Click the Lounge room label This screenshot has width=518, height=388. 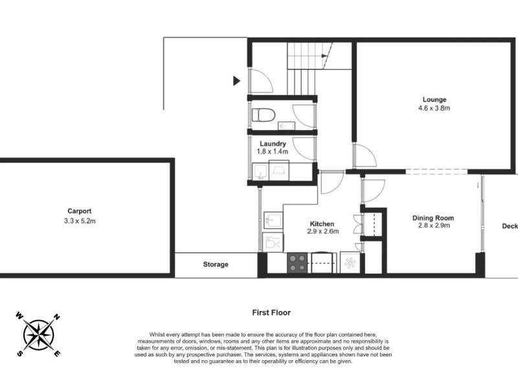(434, 100)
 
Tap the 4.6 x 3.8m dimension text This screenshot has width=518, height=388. (434, 108)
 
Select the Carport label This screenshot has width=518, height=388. (79, 211)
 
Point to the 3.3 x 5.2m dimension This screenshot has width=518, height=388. (80, 221)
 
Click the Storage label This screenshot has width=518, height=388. (216, 264)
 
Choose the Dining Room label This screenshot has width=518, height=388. (433, 218)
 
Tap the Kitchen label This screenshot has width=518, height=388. (322, 224)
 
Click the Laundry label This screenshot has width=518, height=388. (273, 144)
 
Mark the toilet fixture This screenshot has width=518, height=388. (264, 115)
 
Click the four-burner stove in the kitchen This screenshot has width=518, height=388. (297, 263)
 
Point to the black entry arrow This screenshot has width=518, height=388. (236, 80)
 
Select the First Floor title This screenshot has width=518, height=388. (271, 313)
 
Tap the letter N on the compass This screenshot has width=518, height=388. (57, 318)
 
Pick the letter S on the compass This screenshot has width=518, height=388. (20, 353)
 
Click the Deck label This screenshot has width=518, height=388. (510, 226)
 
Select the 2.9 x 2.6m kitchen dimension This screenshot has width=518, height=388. (322, 232)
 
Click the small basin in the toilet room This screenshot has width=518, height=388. (286, 125)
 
